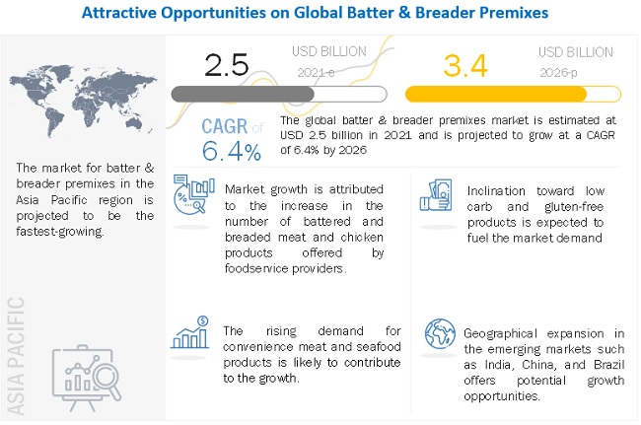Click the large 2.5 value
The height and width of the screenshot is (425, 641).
click(x=226, y=64)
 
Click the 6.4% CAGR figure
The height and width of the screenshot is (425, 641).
click(x=233, y=151)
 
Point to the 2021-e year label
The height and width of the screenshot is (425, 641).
click(x=316, y=71)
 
